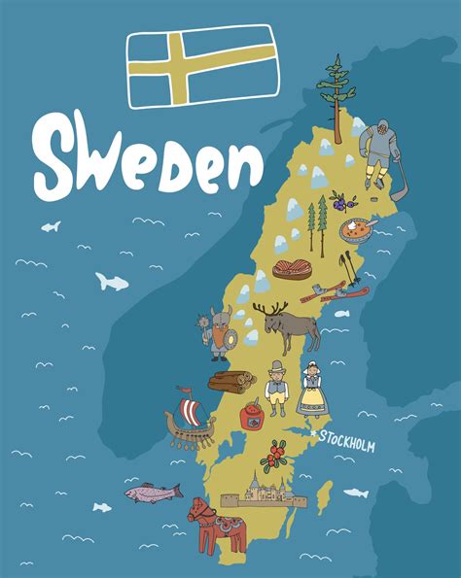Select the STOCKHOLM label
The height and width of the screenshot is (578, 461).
346,442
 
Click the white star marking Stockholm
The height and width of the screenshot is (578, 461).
313,437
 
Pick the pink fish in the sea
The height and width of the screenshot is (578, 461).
153,492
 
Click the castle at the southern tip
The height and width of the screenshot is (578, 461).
259,492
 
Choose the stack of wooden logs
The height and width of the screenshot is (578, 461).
231,380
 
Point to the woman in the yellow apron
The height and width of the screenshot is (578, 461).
312,390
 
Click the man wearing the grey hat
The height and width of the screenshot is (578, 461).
277,388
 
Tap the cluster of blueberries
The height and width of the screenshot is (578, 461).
339,203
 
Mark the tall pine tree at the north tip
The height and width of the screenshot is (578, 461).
337,92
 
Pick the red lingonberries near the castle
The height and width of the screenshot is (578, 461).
278,452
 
